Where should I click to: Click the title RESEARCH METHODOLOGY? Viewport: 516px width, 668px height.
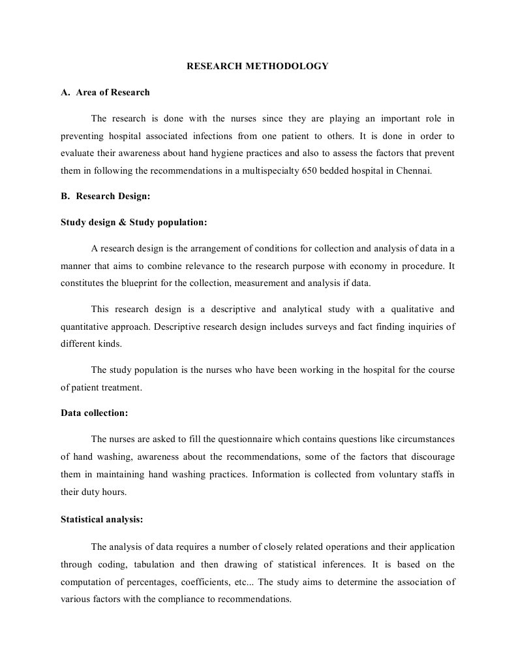point(258,66)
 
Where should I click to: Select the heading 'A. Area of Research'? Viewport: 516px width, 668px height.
point(105,92)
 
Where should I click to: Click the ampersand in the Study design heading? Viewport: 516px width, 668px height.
point(122,222)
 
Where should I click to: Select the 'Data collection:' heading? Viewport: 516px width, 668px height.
point(94,413)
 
